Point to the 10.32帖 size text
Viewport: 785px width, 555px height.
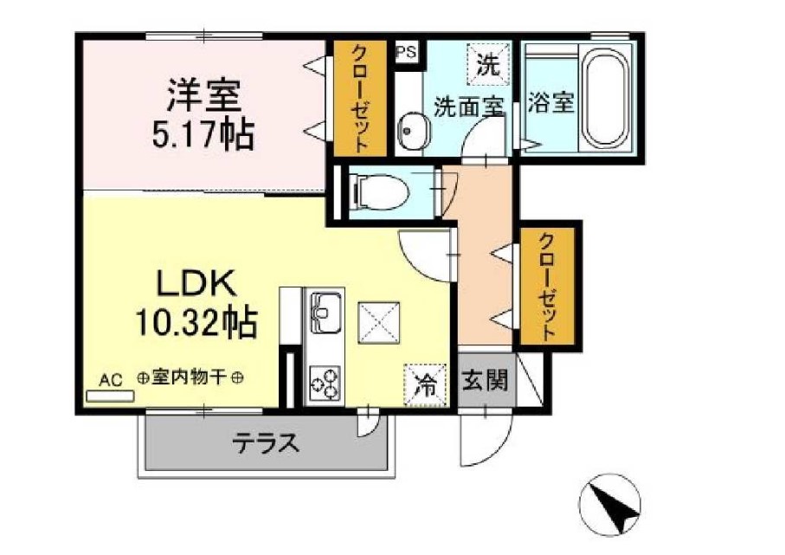195,323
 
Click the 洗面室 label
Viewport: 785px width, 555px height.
468,107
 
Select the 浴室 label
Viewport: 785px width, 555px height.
550,103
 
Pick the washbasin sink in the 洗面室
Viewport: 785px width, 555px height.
409,132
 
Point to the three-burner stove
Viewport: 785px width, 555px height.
325,381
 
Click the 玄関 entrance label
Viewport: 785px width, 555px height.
484,380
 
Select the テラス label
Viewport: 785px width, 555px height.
265,445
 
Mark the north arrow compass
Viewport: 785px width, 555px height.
611,506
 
